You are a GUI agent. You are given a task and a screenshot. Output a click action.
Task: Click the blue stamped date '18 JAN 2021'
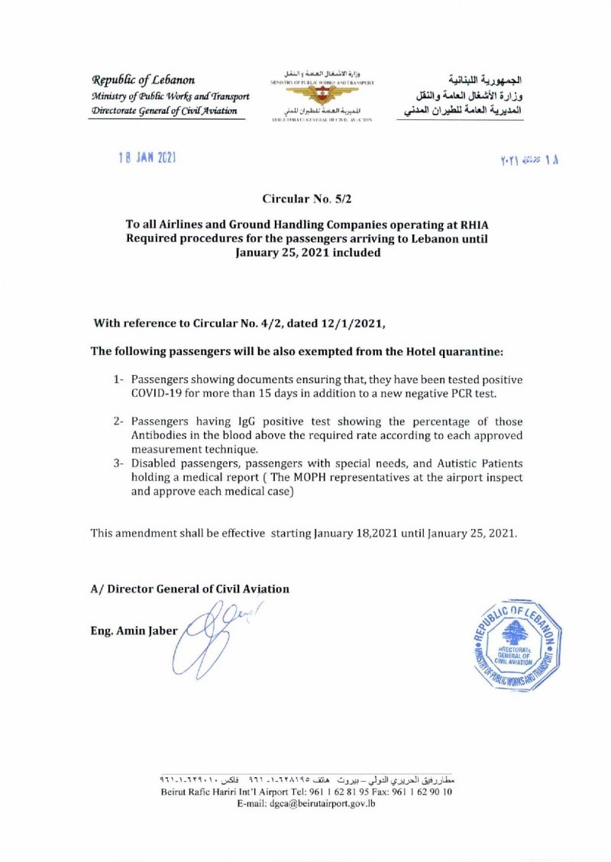[148, 157]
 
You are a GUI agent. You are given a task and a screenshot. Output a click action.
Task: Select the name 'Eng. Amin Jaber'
[134, 631]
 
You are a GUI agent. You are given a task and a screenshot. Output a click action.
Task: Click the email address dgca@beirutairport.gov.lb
[307, 804]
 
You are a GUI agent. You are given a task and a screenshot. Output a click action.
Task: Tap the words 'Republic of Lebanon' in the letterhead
[143, 80]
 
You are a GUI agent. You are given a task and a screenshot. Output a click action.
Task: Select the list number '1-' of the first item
[118, 379]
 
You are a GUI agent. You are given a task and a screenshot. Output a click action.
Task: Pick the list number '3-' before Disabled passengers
[118, 463]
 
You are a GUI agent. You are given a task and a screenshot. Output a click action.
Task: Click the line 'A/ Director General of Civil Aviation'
[190, 589]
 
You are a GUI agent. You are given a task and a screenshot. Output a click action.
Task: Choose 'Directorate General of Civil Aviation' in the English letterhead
[163, 111]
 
